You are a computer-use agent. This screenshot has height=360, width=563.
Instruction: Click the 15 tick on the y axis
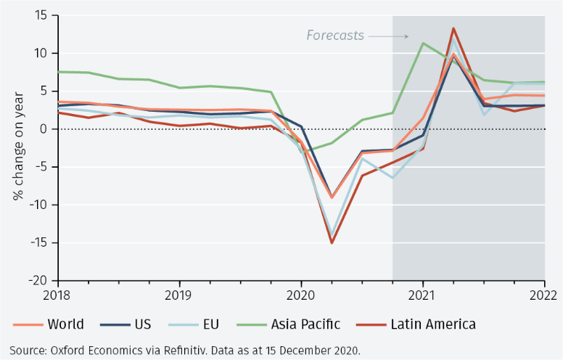pyautogui.click(x=41, y=16)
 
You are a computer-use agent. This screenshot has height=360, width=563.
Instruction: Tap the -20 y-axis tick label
pyautogui.click(x=38, y=280)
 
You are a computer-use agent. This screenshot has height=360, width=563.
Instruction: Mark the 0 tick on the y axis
pyautogui.click(x=44, y=129)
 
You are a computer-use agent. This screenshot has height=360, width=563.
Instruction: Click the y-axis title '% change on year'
pyautogui.click(x=17, y=147)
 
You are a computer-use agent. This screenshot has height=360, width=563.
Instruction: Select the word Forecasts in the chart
pyautogui.click(x=334, y=35)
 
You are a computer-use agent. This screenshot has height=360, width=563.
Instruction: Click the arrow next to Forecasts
pyautogui.click(x=387, y=36)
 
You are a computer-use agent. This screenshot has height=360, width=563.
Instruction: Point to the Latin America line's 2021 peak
pyautogui.click(x=453, y=28)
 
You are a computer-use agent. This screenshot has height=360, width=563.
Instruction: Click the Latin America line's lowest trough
pyautogui.click(x=332, y=242)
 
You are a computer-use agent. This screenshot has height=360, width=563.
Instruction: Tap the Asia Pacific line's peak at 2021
pyautogui.click(x=423, y=43)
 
